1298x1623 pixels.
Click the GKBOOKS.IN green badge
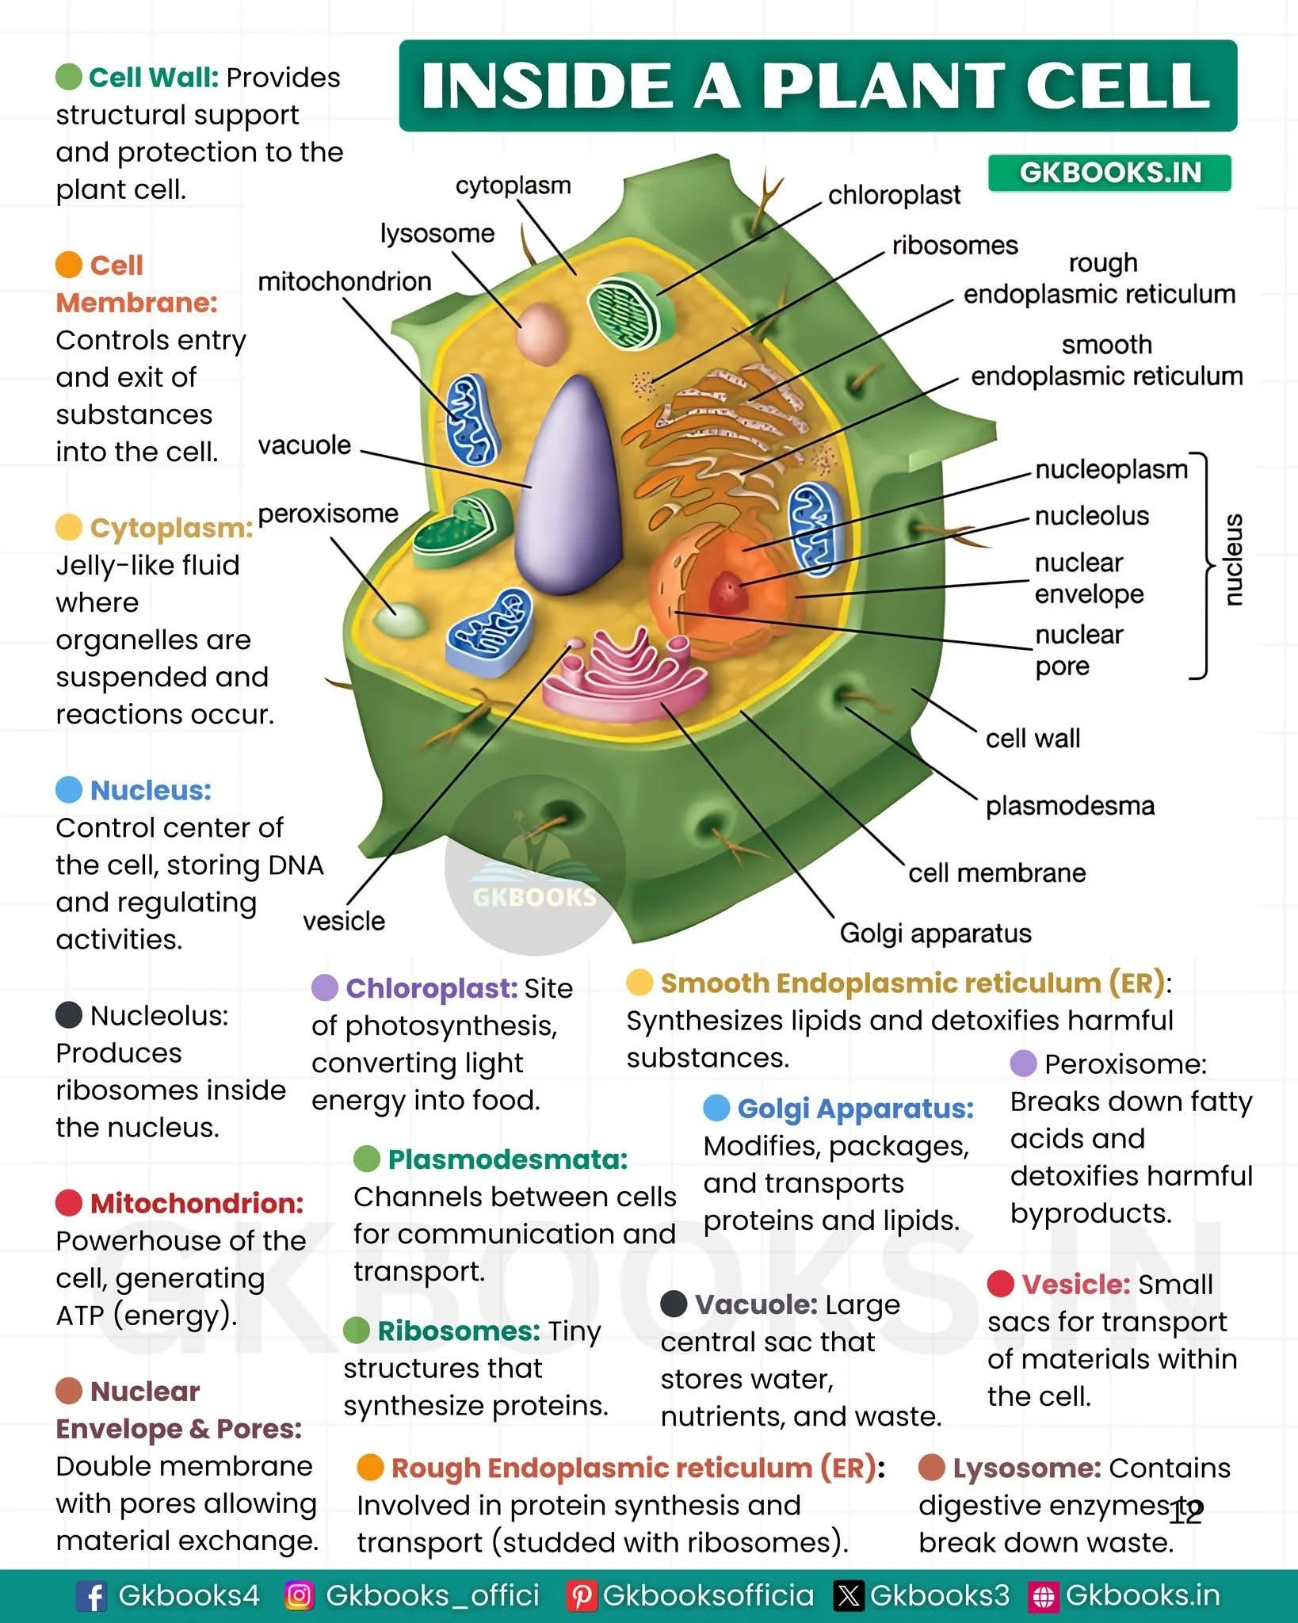pos(1109,173)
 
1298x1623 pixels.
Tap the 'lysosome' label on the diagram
pos(437,234)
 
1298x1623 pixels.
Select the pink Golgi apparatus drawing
pos(626,674)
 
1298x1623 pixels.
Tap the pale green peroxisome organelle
pos(399,619)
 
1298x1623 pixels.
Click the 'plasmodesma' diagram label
pos(1070,806)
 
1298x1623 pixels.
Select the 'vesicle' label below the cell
pos(344,921)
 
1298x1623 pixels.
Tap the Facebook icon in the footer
pos(91,1596)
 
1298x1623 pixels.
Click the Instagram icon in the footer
pos(299,1596)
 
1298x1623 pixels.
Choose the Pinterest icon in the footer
pos(580,1596)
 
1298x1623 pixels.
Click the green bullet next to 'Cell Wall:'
pos(69,77)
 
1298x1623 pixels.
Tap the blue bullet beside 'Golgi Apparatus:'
pos(716,1108)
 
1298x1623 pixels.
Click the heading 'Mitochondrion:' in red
pos(197,1203)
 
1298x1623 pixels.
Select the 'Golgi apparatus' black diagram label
pos(935,933)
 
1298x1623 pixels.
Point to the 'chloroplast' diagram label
pos(894,195)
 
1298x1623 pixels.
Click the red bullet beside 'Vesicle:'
pos(1001,1284)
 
